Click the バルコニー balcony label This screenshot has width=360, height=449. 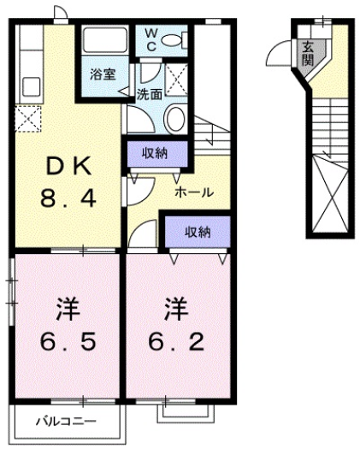click(66, 422)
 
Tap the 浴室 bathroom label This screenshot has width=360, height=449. click(103, 74)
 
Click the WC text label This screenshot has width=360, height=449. click(150, 39)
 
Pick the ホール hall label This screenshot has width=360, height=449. click(194, 192)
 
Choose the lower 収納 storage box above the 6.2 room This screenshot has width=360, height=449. click(197, 231)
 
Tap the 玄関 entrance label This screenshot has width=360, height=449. click(307, 53)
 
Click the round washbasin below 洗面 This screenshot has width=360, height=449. click(175, 117)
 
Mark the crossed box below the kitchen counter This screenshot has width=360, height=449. click(27, 116)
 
